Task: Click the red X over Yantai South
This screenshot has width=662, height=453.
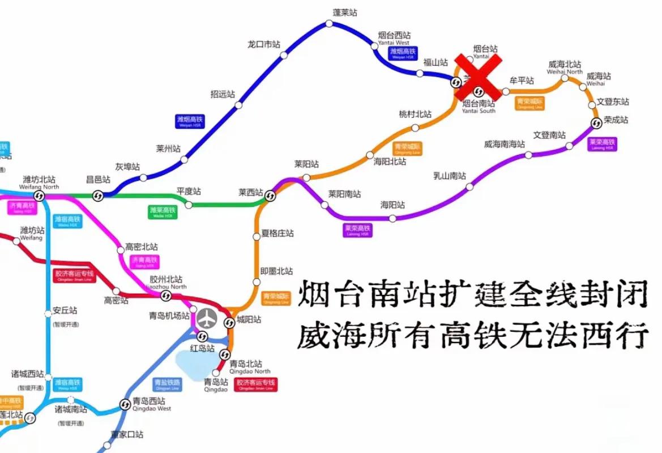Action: coord(479,77)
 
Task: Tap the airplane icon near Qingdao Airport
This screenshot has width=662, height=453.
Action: coord(208,319)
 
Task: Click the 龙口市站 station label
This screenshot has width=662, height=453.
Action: coord(264,44)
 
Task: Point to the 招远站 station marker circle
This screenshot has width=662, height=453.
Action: coord(239,105)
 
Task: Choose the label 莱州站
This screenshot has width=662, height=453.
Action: coord(168,149)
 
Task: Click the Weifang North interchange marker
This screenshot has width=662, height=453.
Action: coord(39,196)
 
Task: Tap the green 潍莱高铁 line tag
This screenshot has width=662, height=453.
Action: coord(163,212)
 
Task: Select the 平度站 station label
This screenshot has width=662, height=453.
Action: coord(189,192)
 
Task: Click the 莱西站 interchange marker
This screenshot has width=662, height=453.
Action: coord(270,196)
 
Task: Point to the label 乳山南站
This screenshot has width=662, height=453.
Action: coord(449,175)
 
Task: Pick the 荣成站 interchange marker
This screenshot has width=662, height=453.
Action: coord(595,124)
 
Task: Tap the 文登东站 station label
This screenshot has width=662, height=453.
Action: coord(613,102)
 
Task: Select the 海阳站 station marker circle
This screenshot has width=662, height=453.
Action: coord(392,218)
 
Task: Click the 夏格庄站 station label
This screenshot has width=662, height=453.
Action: coord(277,233)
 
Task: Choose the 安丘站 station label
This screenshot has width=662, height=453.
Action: coord(65,311)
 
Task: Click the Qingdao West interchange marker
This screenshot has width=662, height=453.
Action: coord(125,404)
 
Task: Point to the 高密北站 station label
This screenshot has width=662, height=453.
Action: coord(142,247)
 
